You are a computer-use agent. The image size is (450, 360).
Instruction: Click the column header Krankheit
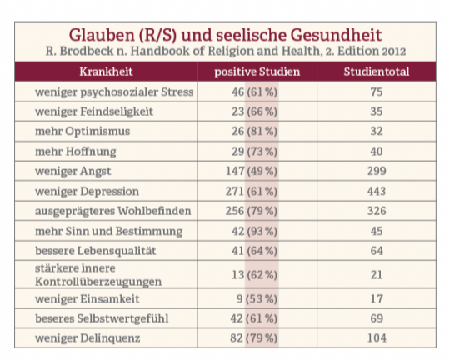click(x=106, y=72)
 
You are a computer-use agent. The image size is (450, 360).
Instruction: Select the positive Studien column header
click(x=257, y=72)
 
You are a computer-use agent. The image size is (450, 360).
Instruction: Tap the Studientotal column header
click(x=377, y=72)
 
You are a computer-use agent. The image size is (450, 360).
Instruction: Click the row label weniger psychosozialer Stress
click(x=114, y=92)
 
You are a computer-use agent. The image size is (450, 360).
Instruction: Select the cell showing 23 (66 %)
click(x=254, y=112)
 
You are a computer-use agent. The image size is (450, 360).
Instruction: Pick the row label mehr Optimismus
click(x=82, y=132)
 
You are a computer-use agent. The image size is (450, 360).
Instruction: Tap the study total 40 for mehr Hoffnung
click(x=377, y=152)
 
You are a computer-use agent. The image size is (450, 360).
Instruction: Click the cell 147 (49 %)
click(x=252, y=171)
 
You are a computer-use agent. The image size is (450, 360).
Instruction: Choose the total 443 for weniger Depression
click(x=377, y=191)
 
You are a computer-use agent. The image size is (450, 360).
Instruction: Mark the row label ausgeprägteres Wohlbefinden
click(x=113, y=211)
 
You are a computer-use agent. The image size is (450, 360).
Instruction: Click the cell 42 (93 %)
click(x=254, y=231)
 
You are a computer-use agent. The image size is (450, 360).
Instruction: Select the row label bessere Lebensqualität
click(x=96, y=251)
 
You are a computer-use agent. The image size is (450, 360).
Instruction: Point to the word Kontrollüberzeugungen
click(x=98, y=282)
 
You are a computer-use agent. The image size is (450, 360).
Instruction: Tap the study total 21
click(x=377, y=275)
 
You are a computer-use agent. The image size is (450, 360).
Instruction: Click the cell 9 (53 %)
click(x=257, y=299)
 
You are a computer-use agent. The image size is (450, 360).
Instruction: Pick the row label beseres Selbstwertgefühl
click(x=102, y=318)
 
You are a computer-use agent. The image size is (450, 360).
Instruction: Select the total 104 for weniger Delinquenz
click(x=377, y=337)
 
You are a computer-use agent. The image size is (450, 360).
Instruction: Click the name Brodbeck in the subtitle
click(x=87, y=52)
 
